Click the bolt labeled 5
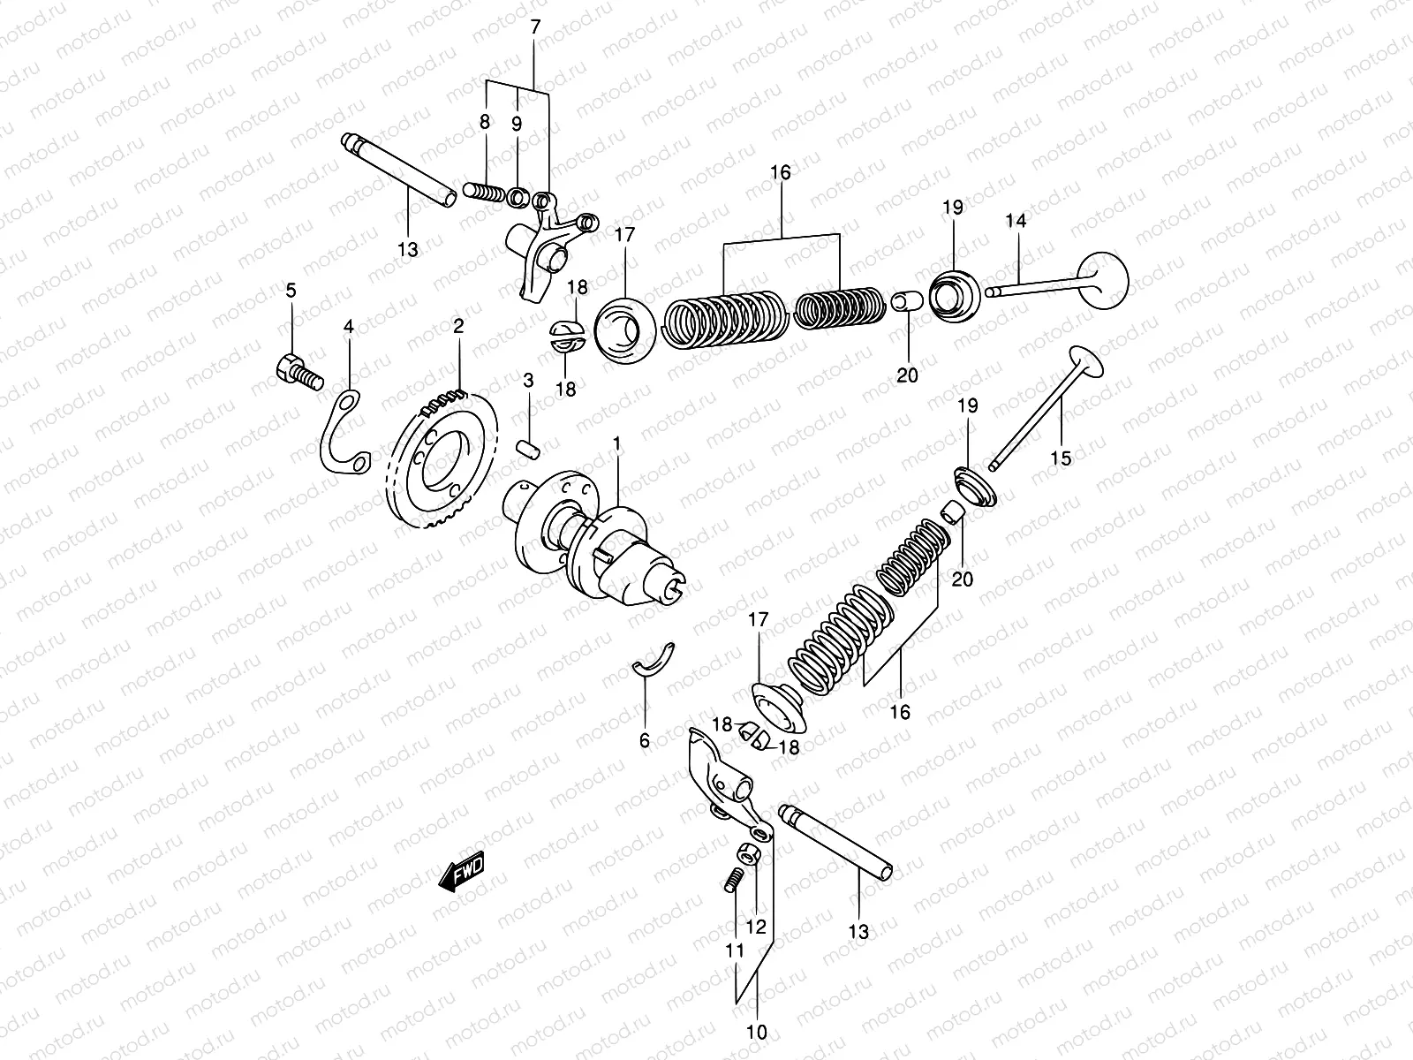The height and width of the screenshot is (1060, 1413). coord(295,372)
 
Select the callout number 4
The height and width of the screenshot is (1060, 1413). coord(349,327)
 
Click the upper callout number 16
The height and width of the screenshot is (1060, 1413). coord(781,171)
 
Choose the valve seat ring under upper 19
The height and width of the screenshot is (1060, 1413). coord(954,292)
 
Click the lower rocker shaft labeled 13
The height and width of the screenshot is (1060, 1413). coord(835,839)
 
